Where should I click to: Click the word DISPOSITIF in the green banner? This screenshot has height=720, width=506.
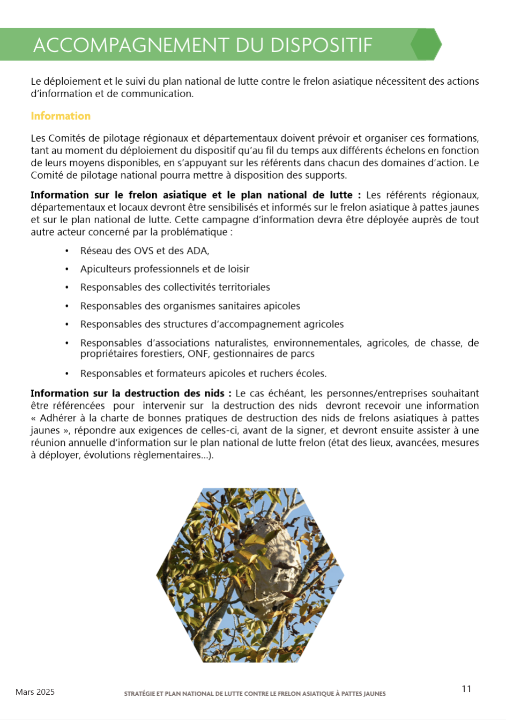(321, 45)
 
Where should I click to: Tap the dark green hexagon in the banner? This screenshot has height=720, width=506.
(426, 44)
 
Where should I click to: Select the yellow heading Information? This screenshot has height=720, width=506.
(61, 116)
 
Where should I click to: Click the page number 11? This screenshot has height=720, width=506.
(466, 689)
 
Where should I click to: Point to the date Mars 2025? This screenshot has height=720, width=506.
(35, 692)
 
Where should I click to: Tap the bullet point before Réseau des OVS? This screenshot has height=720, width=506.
(67, 251)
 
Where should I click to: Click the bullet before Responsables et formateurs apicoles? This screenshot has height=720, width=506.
(67, 374)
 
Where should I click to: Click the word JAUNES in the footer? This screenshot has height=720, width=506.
(374, 694)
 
